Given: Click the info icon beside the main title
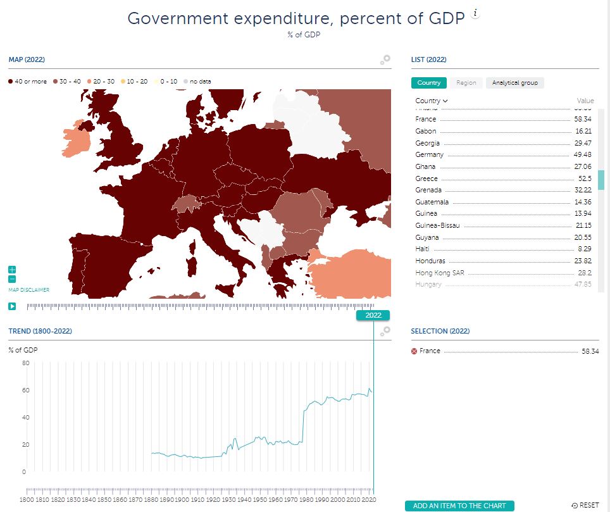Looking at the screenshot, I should point(476,15).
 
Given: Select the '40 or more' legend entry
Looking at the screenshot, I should point(27,82).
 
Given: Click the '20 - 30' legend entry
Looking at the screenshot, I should point(101,82).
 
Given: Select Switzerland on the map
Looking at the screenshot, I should point(184,204).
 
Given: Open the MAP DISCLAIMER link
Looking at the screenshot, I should point(28,290).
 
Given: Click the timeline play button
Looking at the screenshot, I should point(12,306).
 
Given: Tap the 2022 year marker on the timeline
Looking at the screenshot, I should point(373,315).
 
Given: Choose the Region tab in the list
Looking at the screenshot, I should point(466,83).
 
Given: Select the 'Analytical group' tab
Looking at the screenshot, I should point(515,83).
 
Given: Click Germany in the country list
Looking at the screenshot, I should point(430,155).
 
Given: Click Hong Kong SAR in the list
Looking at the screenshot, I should point(441,273).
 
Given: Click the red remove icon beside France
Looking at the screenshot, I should point(414,351).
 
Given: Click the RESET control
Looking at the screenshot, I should point(585,506).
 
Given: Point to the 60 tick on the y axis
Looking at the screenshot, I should point(25,390).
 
